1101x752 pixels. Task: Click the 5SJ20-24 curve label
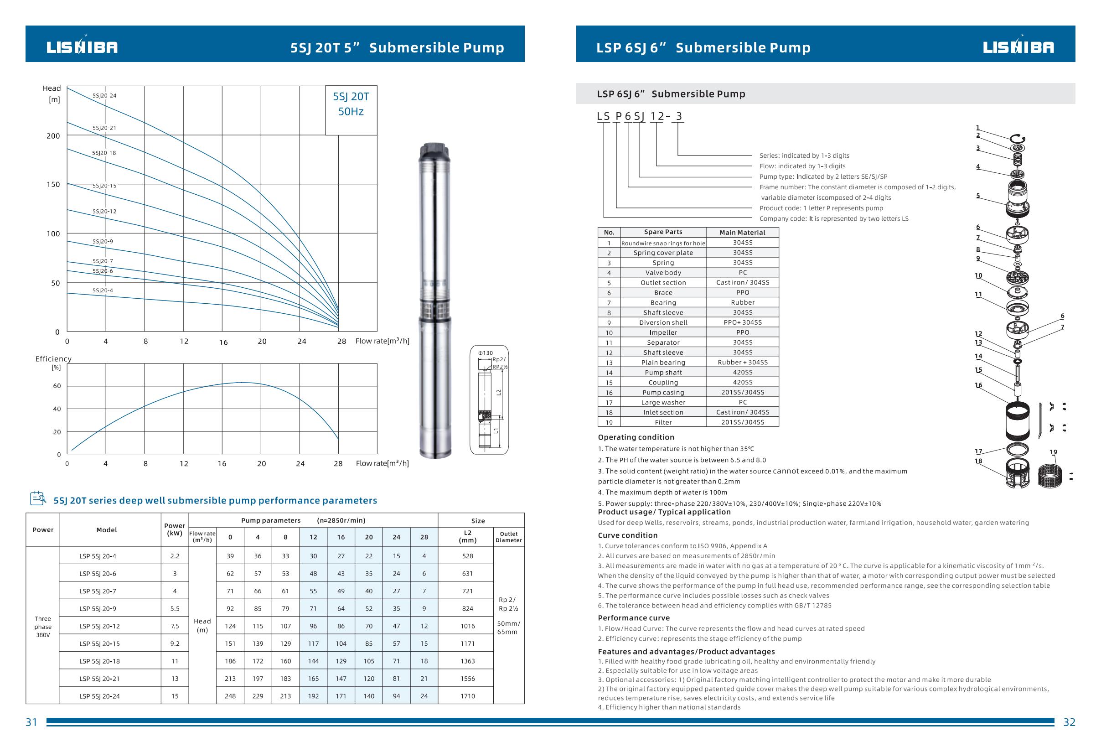104,96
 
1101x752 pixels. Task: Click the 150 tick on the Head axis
53,184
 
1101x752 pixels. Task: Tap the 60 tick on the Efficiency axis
57,386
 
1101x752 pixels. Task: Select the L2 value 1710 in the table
467,696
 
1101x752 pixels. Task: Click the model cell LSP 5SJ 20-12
99,626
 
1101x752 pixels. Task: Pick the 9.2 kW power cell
175,643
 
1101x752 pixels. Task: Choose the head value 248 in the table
230,696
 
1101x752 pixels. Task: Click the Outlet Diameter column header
508,537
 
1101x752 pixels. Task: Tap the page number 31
31,722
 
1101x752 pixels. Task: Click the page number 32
1069,722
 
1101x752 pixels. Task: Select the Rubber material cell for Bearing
742,302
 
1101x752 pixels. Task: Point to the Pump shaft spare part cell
663,373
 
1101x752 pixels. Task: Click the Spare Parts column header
663,232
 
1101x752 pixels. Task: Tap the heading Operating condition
636,437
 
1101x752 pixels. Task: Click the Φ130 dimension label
485,353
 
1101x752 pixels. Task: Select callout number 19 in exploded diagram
1053,452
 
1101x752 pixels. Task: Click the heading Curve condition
627,535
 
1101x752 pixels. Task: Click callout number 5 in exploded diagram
978,196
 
